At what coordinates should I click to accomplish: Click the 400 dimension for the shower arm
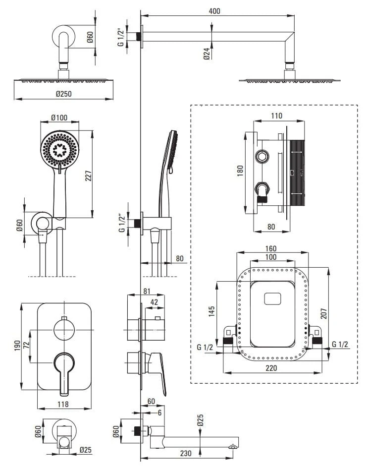pyautogui.click(x=214, y=11)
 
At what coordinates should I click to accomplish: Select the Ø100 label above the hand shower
pyautogui.click(x=59, y=118)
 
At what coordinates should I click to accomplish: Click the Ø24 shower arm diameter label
pyautogui.click(x=207, y=54)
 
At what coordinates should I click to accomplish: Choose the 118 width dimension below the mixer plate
pyautogui.click(x=62, y=404)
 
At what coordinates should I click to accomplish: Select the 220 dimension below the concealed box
pyautogui.click(x=272, y=367)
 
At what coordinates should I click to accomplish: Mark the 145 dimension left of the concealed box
pyautogui.click(x=212, y=311)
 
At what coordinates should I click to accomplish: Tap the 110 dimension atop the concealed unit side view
pyautogui.click(x=276, y=116)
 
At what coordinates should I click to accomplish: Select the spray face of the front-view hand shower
pyautogui.click(x=59, y=149)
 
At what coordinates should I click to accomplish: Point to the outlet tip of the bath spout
pyautogui.click(x=232, y=447)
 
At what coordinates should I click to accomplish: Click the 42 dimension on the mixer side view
pyautogui.click(x=154, y=302)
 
